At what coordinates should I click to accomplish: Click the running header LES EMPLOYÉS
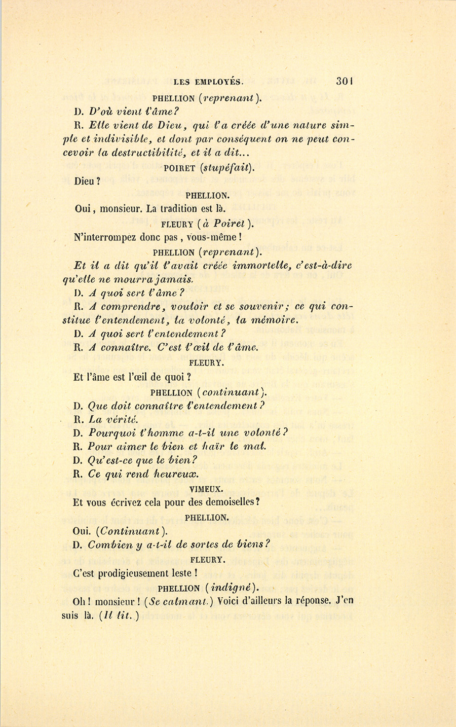click(x=208, y=81)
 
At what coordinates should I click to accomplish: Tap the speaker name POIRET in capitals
click(x=180, y=169)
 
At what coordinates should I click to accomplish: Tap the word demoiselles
click(x=225, y=502)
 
